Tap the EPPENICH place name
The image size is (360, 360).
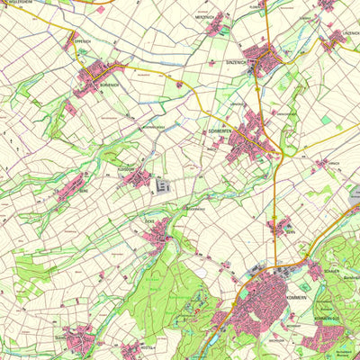(x=82, y=40)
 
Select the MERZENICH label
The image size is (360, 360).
(x=205, y=17)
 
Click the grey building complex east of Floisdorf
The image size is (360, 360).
(x=163, y=186)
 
